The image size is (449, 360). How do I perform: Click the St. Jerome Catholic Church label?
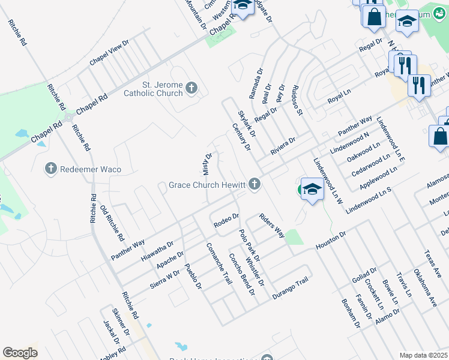pyautogui.click(x=153, y=89)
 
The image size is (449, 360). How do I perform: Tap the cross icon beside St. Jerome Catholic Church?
pyautogui.click(x=191, y=89)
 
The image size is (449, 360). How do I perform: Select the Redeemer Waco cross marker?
pyautogui.click(x=50, y=169)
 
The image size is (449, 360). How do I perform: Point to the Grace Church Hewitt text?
pyautogui.click(x=208, y=184)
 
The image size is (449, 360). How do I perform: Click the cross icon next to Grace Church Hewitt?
pyautogui.click(x=255, y=184)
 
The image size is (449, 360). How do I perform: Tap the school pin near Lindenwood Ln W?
pyautogui.click(x=312, y=190)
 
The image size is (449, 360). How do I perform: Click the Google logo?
pyautogui.click(x=20, y=353)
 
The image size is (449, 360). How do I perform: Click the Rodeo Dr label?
pyautogui.click(x=226, y=221)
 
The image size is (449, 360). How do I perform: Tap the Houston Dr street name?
pyautogui.click(x=331, y=241)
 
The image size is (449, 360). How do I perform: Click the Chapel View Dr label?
pyautogui.click(x=109, y=53)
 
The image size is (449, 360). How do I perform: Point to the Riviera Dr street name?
pyautogui.click(x=283, y=146)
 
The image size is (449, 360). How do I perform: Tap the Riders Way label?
pyautogui.click(x=271, y=225)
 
